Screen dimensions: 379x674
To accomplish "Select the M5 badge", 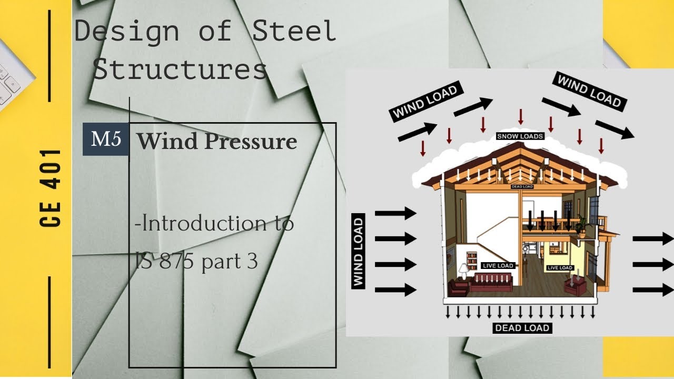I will [106, 139].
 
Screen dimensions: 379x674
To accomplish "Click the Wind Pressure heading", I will [217, 141].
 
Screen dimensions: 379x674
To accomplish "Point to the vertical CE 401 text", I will [51, 188].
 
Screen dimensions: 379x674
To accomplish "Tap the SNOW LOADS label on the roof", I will [520, 136].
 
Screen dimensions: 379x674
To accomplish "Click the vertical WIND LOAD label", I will [358, 253].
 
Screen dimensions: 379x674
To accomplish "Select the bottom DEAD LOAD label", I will [522, 328].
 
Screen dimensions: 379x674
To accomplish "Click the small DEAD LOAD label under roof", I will [522, 187].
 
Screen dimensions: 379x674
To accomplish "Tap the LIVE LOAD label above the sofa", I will [498, 266].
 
